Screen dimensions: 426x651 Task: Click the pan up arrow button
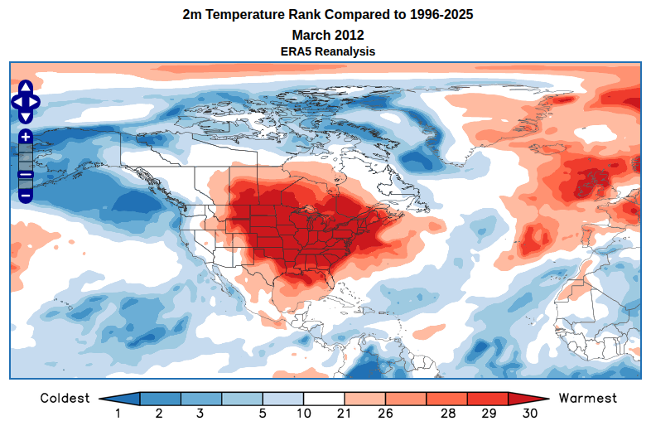pyautogui.click(x=25, y=88)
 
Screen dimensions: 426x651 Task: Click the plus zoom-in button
pyautogui.click(x=25, y=136)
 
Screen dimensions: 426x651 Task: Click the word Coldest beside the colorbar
pyautogui.click(x=65, y=399)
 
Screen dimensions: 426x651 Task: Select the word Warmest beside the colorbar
pyautogui.click(x=588, y=399)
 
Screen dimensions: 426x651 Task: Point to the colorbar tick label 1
pyautogui.click(x=118, y=413)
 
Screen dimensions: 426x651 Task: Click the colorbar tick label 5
pyautogui.click(x=262, y=413)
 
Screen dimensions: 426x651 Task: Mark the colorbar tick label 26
pyautogui.click(x=385, y=413)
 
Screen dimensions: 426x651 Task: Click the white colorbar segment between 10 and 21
pyautogui.click(x=323, y=399)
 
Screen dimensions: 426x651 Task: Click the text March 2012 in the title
pyautogui.click(x=327, y=35)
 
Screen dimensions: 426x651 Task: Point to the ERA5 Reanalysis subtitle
pyautogui.click(x=327, y=51)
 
